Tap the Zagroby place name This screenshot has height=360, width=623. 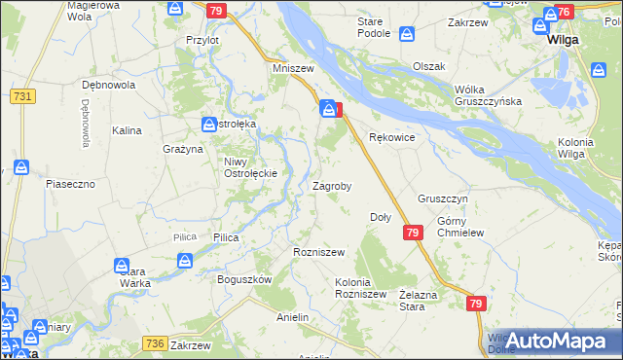click(331, 185)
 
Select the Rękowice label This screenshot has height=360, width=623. click(393, 138)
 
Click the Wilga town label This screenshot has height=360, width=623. click(564, 41)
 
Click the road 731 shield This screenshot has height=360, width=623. click(22, 96)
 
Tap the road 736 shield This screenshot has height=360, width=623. click(154, 342)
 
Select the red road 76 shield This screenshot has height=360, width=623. click(564, 13)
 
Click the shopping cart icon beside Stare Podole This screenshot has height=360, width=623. click(407, 36)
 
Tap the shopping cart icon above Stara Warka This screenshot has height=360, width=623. click(122, 265)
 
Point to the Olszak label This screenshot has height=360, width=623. click(428, 66)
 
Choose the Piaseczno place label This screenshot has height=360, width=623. click(69, 183)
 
